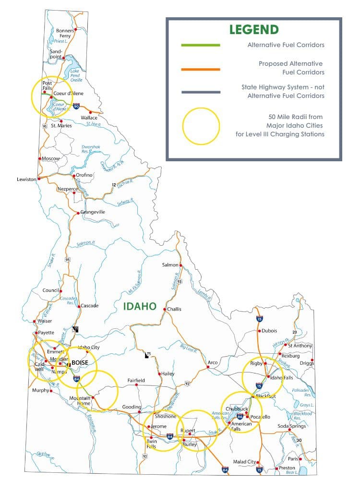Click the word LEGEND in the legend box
pyautogui.click(x=254, y=29)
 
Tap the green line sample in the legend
pyautogui.click(x=201, y=45)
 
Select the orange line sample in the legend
pyautogui.click(x=201, y=69)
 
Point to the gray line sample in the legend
pyautogui.click(x=201, y=92)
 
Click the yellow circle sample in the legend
pyautogui.click(x=201, y=126)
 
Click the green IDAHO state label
pyautogui.click(x=140, y=306)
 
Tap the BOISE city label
pyautogui.click(x=81, y=363)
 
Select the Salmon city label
pyautogui.click(x=169, y=264)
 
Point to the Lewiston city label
pyautogui.click(x=26, y=179)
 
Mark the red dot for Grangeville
pyautogui.click(x=78, y=212)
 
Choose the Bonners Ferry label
pyautogui.click(x=65, y=33)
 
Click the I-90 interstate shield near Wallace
pyautogui.click(x=75, y=105)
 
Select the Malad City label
pyautogui.click(x=244, y=462)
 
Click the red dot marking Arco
pyautogui.click(x=208, y=368)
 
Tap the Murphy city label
pyautogui.click(x=40, y=390)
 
